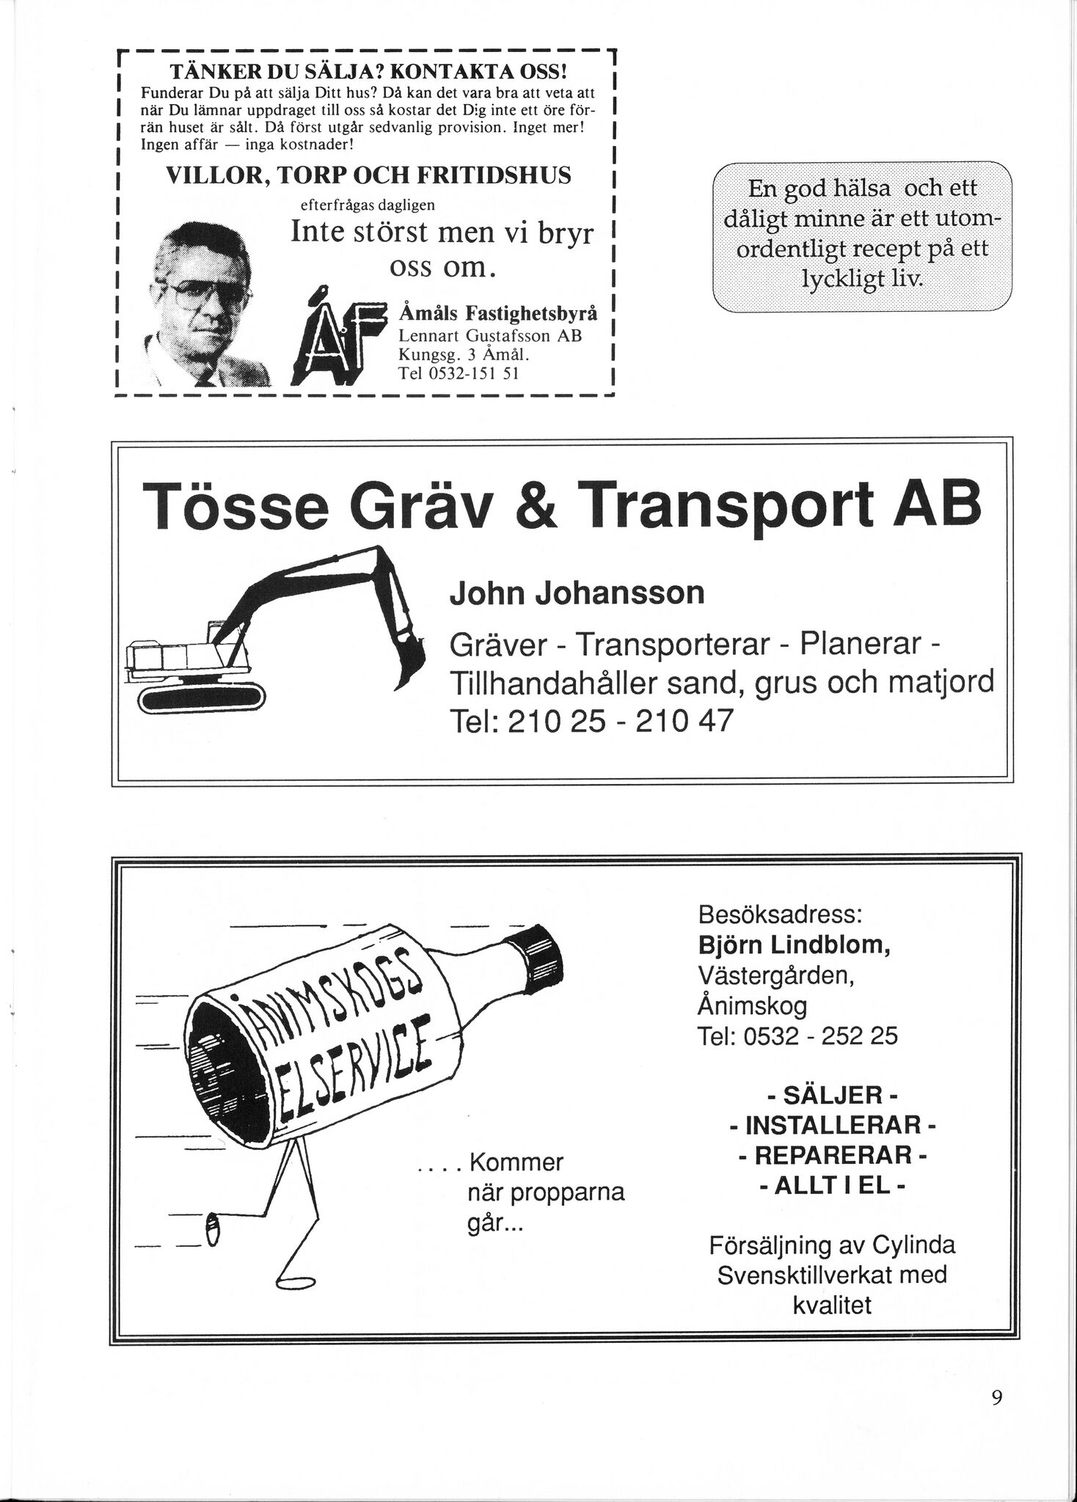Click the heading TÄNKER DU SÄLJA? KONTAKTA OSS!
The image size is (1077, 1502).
(368, 73)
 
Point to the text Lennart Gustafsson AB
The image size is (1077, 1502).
(489, 337)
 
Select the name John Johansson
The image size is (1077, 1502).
(577, 593)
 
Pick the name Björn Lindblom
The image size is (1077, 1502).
(795, 945)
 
